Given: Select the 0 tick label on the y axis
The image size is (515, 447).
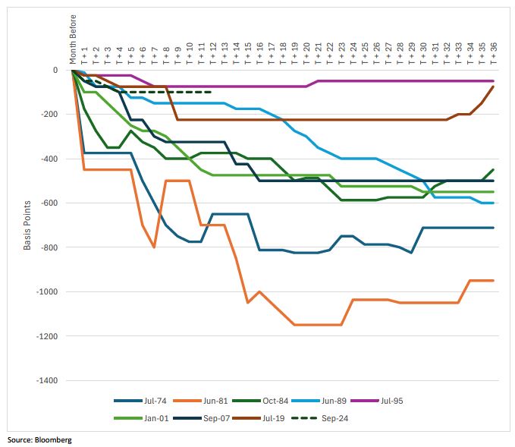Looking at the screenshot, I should pos(55,71).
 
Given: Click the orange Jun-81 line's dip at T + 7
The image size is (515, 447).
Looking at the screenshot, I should pos(154,247).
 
